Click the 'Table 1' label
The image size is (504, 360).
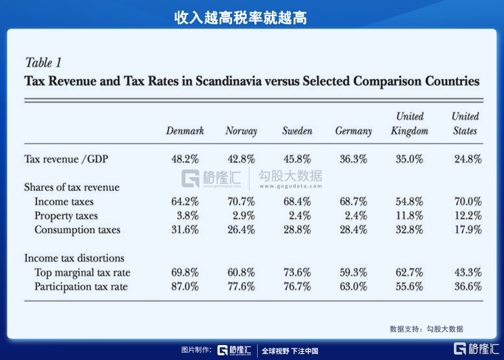click(x=43, y=63)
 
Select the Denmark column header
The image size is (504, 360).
click(x=185, y=131)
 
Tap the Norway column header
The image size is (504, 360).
click(x=241, y=131)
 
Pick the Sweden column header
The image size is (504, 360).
click(x=297, y=131)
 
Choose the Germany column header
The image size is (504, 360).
click(x=353, y=131)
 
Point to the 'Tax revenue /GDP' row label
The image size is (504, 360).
click(x=66, y=159)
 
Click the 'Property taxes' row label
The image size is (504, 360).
click(x=66, y=216)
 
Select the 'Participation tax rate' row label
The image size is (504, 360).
click(x=81, y=286)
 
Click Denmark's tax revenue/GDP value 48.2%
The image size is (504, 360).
click(x=185, y=159)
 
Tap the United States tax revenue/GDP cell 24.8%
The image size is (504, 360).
click(x=467, y=159)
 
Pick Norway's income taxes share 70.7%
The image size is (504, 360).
click(x=241, y=202)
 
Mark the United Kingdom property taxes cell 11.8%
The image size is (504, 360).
click(x=410, y=216)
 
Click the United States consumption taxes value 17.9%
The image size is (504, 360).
click(x=467, y=230)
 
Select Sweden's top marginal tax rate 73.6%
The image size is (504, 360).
click(x=297, y=272)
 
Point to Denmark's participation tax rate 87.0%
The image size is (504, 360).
click(x=185, y=286)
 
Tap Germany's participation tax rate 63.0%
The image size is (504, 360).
click(x=353, y=286)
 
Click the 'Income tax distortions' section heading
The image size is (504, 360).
click(x=74, y=258)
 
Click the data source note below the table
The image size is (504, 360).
click(x=426, y=329)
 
